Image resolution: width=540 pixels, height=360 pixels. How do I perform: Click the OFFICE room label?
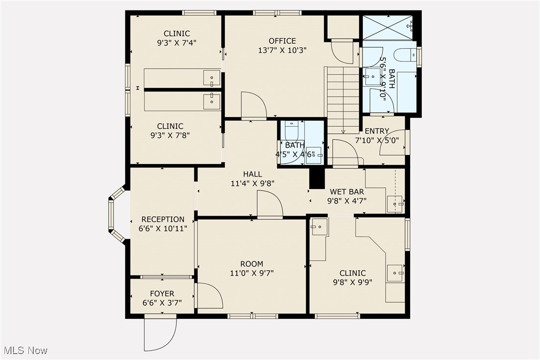[x=282, y=41]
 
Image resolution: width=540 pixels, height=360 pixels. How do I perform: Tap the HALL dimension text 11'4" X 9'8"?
[x=253, y=183]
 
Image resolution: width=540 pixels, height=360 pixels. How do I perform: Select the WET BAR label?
[x=347, y=192]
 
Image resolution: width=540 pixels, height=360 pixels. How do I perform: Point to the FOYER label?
[x=162, y=293]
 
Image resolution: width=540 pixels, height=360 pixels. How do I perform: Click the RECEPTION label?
[x=163, y=219]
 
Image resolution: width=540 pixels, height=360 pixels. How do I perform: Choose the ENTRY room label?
[x=377, y=131]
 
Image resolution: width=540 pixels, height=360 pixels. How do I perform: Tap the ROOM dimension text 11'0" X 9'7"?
[x=252, y=273]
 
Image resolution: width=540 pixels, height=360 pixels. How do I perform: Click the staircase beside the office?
[x=343, y=100]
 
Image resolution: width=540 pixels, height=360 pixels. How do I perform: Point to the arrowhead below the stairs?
[x=344, y=132]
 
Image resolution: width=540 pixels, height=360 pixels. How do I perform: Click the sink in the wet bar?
[x=395, y=204]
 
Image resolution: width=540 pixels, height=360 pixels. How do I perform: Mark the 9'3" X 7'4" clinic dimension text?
[x=177, y=43]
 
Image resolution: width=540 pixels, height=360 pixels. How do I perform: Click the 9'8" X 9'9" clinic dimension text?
[x=353, y=282]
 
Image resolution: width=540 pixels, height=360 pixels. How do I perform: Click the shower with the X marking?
[x=388, y=27]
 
